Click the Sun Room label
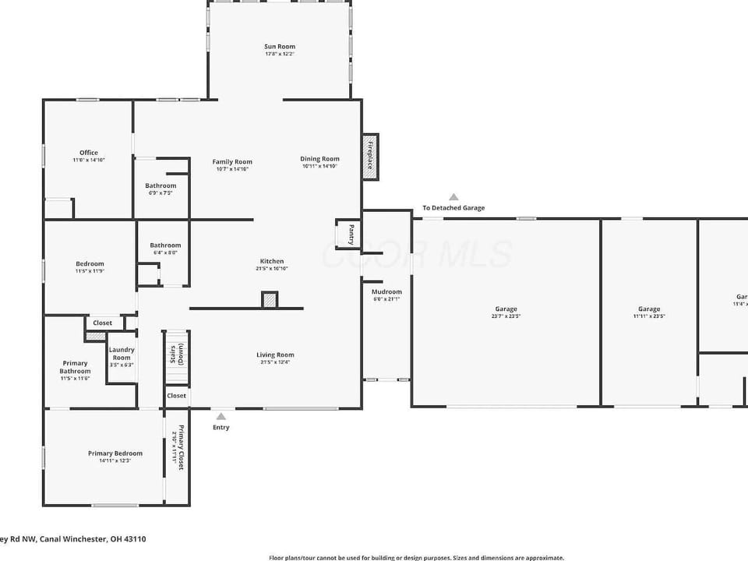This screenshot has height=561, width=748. pos(279,47)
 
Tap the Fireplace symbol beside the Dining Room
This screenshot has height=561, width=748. pos(371,157)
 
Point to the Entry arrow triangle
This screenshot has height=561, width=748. pos(221,417)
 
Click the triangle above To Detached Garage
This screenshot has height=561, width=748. pos(453,197)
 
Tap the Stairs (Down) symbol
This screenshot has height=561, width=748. pos(176,355)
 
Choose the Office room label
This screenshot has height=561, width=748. pos(89,153)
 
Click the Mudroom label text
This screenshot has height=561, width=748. pos(386,292)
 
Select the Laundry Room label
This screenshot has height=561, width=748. pos(122,354)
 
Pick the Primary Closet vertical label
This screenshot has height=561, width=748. pos(180,447)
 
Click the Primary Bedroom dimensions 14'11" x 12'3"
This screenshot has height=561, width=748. pos(115,460)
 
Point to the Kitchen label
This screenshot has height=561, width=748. pos(272,261)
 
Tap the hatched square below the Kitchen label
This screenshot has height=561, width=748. pos(270,300)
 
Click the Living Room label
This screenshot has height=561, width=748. pos(275,355)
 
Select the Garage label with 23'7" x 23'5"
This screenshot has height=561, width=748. pos(506,309)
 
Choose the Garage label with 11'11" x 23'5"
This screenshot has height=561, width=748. pos(649,309)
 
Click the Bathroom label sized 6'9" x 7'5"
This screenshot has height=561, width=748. pos(161,185)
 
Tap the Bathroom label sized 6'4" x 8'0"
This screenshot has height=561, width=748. pos(165,245)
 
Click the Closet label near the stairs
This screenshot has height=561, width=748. pos(176,396)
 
